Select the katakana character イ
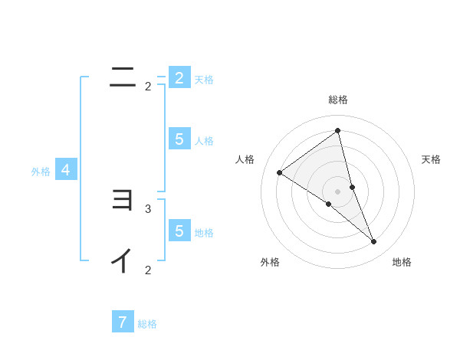[123, 261]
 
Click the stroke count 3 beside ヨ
[148, 208]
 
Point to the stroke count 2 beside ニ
[148, 87]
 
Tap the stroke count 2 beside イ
[148, 270]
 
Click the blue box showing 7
[123, 322]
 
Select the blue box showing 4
[66, 170]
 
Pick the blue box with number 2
[179, 77]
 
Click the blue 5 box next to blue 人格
[179, 139]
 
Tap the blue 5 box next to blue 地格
[179, 231]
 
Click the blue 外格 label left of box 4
[41, 172]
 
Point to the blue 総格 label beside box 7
[147, 324]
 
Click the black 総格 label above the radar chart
[337, 100]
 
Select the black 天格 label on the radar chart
[431, 159]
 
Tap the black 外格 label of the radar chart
[270, 262]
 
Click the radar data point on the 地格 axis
[374, 241]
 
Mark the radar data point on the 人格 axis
[279, 173]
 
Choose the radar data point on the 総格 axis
[337, 131]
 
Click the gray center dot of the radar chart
[337, 191]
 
